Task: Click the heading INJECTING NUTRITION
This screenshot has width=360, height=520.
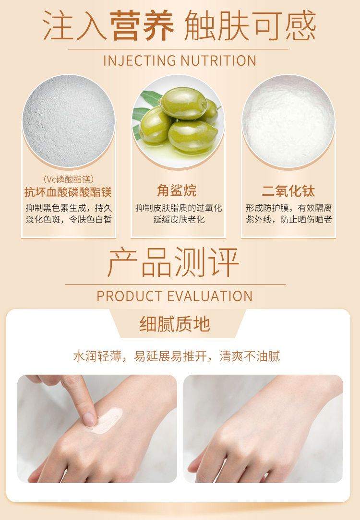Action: click(180, 61)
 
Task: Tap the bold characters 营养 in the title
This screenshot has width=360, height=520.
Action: click(142, 26)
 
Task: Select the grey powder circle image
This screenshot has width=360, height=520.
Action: click(69, 121)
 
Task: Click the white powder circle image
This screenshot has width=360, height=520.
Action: click(288, 121)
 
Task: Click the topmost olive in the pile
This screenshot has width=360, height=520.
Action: click(183, 103)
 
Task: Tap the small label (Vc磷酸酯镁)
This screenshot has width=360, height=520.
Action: click(69, 179)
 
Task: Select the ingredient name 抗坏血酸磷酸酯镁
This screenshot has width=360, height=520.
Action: click(68, 192)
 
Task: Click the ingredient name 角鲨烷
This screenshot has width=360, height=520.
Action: click(177, 191)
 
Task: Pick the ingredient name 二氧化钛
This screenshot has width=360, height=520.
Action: click(288, 191)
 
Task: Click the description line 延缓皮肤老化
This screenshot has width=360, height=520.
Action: click(179, 220)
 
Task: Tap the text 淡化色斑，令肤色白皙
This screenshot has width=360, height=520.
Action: click(69, 220)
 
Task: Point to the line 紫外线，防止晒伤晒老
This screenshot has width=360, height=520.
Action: click(288, 220)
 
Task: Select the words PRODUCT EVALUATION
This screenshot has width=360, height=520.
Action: click(175, 296)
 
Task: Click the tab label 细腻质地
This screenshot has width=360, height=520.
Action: click(175, 324)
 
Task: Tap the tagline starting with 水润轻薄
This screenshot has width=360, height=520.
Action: click(177, 356)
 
